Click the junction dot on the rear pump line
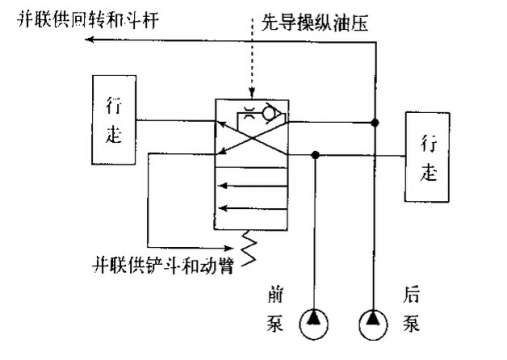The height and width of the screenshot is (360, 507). [x=376, y=122]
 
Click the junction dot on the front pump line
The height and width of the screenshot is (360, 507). [x=316, y=154]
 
